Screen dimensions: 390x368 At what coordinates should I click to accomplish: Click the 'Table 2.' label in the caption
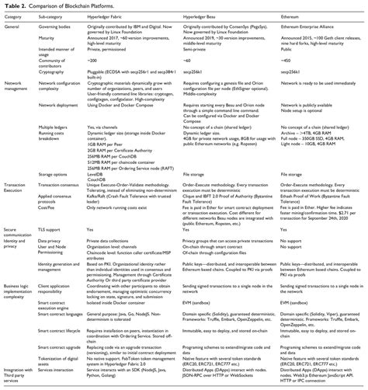point(16,6)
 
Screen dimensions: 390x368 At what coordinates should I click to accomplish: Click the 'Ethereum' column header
point(297,19)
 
